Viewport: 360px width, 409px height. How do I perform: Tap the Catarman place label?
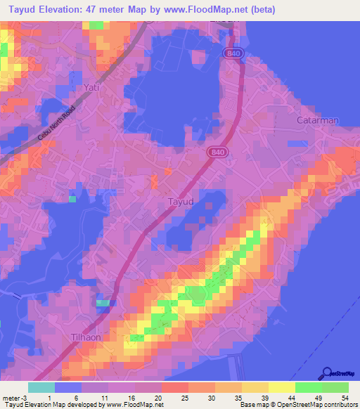coord(316,120)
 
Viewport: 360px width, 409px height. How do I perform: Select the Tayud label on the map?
coord(181,202)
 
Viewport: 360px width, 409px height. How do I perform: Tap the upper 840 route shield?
coord(234,53)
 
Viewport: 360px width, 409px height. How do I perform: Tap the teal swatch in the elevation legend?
coord(41,387)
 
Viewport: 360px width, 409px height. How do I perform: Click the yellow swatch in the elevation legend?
coord(281,387)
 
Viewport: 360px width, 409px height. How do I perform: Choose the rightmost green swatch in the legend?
coord(335,387)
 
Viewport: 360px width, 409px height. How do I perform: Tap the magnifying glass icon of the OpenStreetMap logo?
coord(327,373)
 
